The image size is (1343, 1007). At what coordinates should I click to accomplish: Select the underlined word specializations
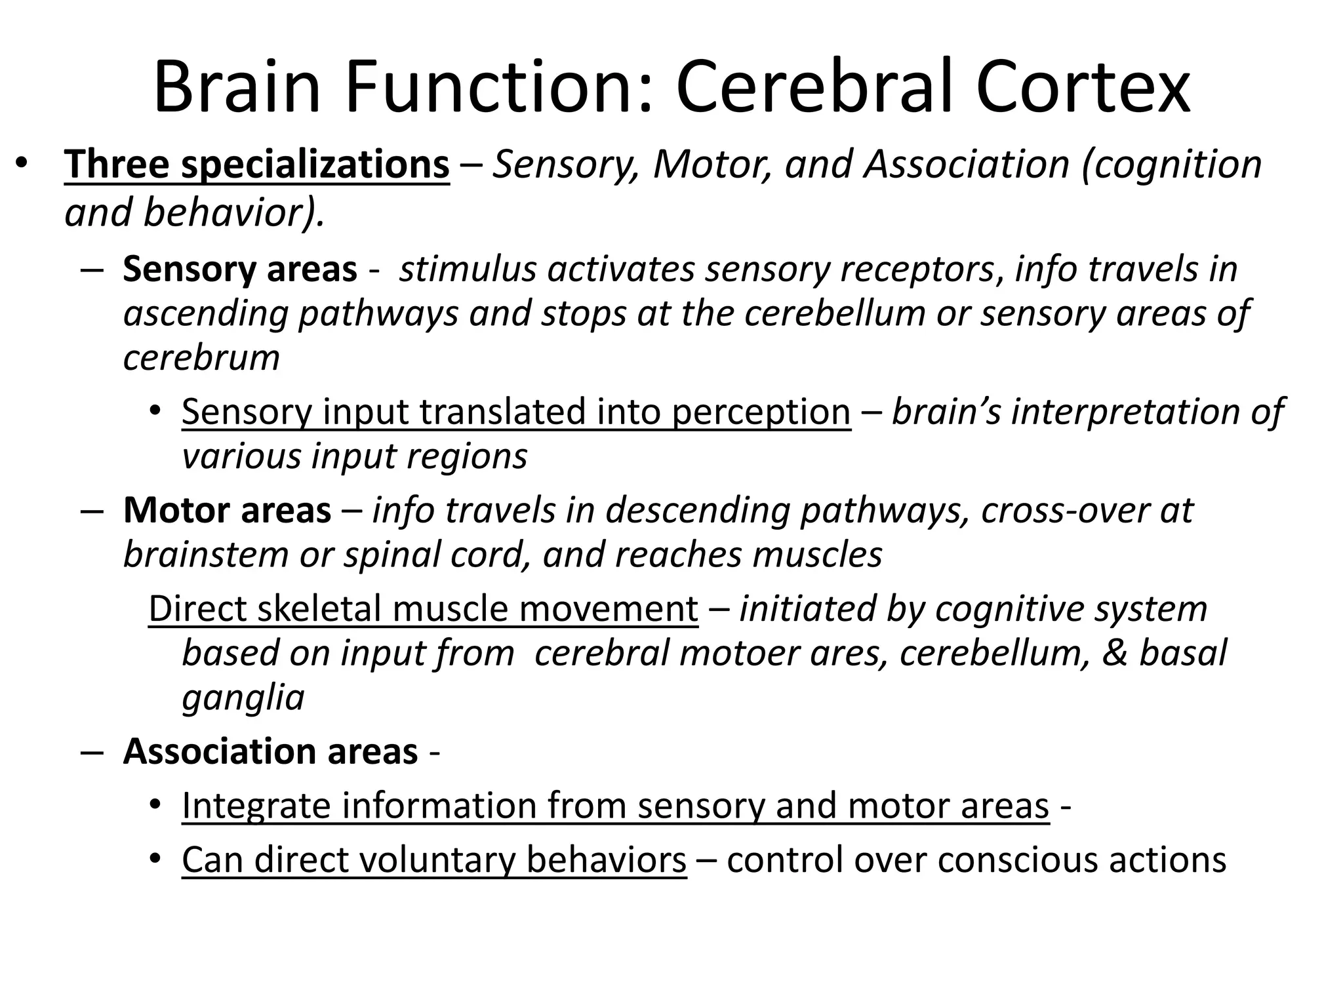(315, 165)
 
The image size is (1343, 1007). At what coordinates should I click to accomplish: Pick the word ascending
(206, 314)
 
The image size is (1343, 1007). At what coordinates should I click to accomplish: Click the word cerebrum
(201, 358)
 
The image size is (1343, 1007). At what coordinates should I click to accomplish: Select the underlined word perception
(761, 412)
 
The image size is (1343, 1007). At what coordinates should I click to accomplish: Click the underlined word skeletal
(319, 609)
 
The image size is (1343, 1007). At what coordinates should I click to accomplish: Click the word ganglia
(243, 698)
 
